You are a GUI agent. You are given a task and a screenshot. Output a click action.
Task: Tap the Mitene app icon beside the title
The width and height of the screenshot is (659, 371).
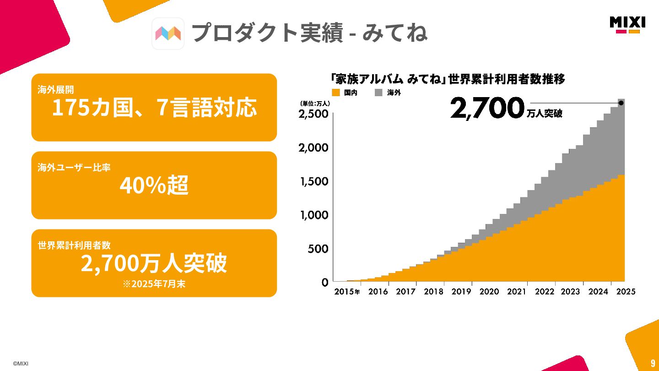[168, 33]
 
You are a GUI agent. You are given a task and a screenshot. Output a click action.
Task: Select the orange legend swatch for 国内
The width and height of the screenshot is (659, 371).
[336, 93]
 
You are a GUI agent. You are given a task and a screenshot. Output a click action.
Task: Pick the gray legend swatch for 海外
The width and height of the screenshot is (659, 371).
[378, 93]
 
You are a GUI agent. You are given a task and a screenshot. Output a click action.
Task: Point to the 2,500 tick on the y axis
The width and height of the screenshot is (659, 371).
[313, 114]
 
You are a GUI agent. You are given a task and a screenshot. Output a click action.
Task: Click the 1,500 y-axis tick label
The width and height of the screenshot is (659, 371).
[313, 181]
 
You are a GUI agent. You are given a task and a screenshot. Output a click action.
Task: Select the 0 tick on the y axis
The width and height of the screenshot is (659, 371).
[325, 283]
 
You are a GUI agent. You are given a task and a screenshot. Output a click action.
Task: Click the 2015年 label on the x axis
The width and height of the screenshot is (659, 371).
[347, 291]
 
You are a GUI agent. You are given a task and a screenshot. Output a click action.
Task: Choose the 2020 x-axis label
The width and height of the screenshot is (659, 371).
[489, 291]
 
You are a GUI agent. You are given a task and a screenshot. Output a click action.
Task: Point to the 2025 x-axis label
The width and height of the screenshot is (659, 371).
[626, 291]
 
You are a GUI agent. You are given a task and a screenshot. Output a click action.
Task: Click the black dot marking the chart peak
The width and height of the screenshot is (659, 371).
[621, 103]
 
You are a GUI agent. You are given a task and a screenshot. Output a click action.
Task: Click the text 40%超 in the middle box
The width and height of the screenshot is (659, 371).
[154, 185]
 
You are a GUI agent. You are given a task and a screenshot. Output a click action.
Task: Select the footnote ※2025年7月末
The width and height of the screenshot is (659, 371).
[154, 284]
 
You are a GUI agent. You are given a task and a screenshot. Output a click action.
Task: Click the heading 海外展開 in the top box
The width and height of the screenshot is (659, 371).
[55, 90]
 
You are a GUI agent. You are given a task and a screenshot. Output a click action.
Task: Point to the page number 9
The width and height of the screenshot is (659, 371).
[653, 364]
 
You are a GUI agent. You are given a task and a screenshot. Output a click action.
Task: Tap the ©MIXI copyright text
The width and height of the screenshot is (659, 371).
[21, 364]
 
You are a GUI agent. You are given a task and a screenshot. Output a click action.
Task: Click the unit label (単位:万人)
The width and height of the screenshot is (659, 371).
[315, 104]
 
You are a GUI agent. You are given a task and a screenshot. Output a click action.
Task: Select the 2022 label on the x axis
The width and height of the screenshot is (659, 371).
[545, 291]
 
